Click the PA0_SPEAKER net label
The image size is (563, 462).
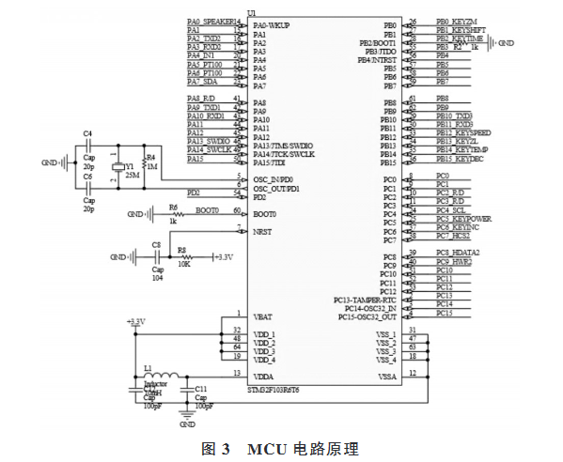[x=211, y=21]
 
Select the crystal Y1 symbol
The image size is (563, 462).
[x=117, y=168]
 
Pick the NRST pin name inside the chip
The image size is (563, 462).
[x=263, y=232]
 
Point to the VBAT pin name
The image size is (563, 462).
[x=264, y=318]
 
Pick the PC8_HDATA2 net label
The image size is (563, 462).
[x=461, y=253]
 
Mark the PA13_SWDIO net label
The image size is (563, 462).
[x=207, y=142]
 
